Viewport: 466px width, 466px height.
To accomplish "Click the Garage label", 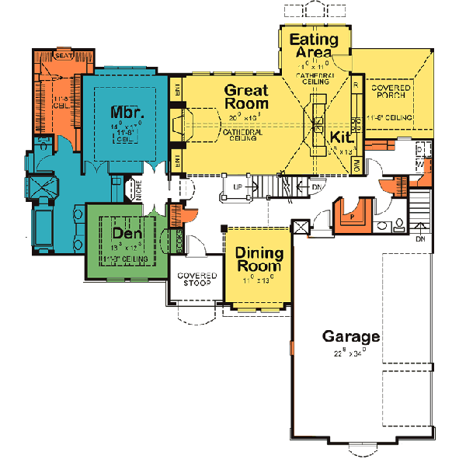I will pos(352,336).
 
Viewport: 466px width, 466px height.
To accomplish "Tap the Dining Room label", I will pos(259,259).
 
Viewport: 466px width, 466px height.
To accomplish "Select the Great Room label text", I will pos(246,96).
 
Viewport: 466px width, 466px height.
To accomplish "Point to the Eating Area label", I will pos(313,46).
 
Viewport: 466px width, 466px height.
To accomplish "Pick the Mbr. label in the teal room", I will pos(125,110).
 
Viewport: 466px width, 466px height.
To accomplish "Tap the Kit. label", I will pos(343,137).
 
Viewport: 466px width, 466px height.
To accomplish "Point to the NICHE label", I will pos(140,191).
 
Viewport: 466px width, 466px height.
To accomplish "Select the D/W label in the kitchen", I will pos(357,165).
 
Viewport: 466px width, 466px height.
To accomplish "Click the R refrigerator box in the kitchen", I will pos(355,83).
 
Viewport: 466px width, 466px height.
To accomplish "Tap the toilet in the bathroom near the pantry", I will pos(399,223).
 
